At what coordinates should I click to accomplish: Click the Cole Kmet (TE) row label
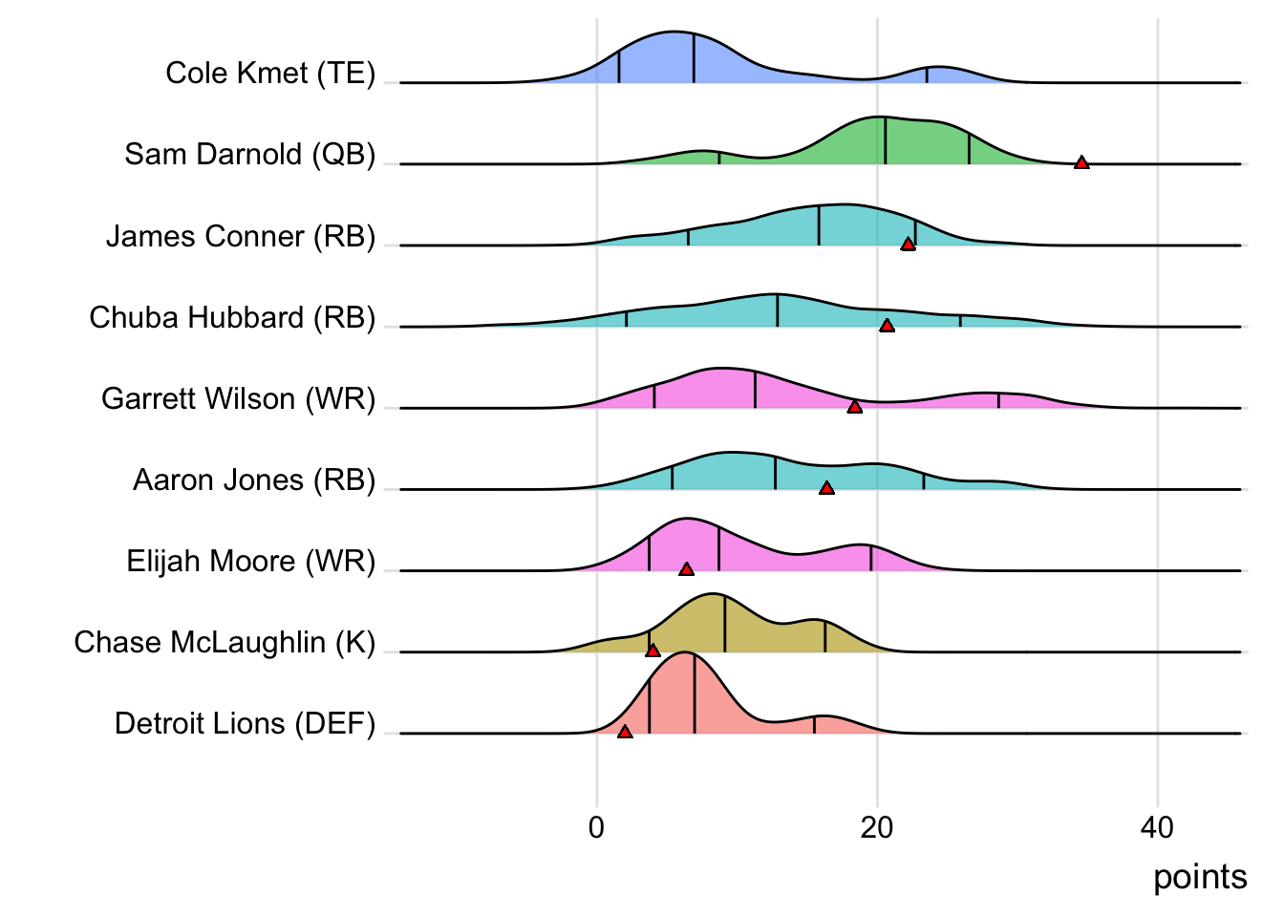coord(270,74)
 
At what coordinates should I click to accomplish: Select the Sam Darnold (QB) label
coord(250,155)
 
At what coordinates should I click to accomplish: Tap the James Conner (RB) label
coord(241,236)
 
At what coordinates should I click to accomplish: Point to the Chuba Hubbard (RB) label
coord(232,317)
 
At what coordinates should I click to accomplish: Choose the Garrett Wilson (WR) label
coord(239,398)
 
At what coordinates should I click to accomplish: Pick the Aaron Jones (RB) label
coord(254,480)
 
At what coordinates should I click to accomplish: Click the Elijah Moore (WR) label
coord(251,561)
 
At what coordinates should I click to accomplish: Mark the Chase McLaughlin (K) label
coord(225,642)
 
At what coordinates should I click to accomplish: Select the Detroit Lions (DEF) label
coord(246,723)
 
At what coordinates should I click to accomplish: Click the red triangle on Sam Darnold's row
coord(1081,162)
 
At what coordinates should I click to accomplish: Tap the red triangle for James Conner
coord(908,245)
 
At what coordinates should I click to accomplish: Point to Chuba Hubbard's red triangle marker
coord(887,326)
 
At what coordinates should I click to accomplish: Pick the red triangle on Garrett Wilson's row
coord(855,407)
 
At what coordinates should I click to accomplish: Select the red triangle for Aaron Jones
coord(826,488)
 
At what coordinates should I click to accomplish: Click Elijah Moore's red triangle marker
coord(686,569)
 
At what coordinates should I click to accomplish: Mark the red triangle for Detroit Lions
coord(625,732)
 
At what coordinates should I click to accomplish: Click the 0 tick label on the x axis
coord(597,827)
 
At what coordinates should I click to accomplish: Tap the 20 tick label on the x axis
coord(877,827)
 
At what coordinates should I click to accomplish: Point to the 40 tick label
coord(1157,827)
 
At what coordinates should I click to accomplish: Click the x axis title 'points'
coord(1200,877)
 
